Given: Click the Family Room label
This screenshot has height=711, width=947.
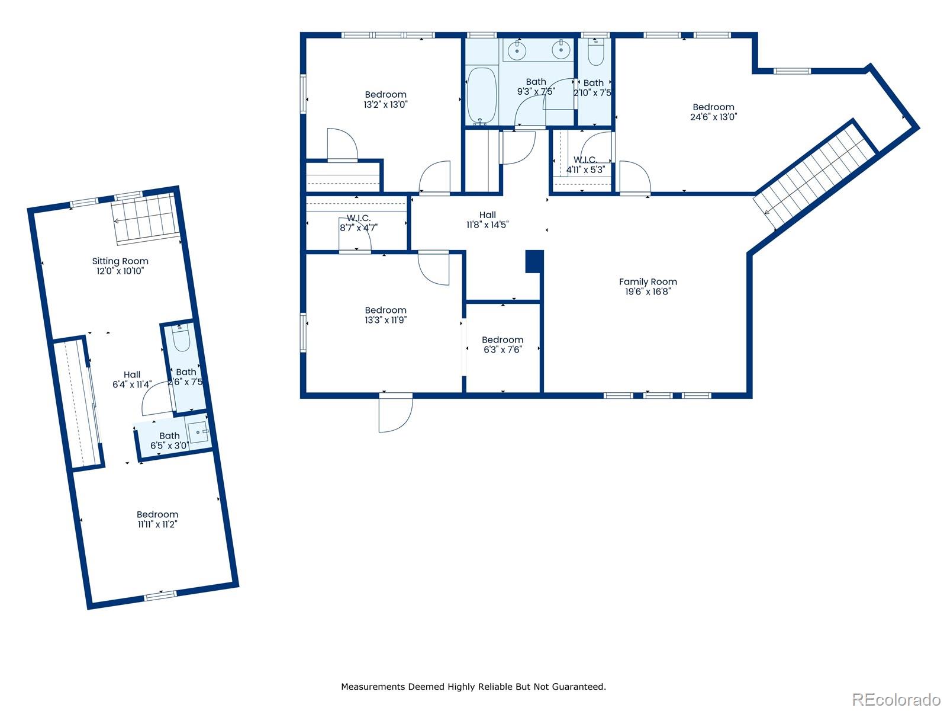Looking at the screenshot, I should (648, 282).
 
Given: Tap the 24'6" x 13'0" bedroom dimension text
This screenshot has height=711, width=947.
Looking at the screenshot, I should (713, 117).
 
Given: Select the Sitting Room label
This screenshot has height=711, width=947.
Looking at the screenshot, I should (120, 261).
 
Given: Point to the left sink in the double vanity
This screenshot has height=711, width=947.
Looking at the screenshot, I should (517, 50).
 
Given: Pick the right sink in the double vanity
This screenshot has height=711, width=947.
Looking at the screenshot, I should (560, 50).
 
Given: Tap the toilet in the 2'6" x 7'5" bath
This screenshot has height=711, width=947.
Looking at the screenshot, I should (181, 340).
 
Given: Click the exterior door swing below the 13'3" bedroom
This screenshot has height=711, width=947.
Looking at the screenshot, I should (395, 414).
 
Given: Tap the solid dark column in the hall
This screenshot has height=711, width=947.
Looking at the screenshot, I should (534, 261).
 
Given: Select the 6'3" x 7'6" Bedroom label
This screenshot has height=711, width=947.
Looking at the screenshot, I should (503, 340).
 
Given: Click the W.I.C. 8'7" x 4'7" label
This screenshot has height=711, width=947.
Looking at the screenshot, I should (359, 223).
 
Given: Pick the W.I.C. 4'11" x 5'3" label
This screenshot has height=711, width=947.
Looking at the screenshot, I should (585, 165).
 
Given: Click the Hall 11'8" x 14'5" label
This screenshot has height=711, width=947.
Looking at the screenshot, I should (487, 220).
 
